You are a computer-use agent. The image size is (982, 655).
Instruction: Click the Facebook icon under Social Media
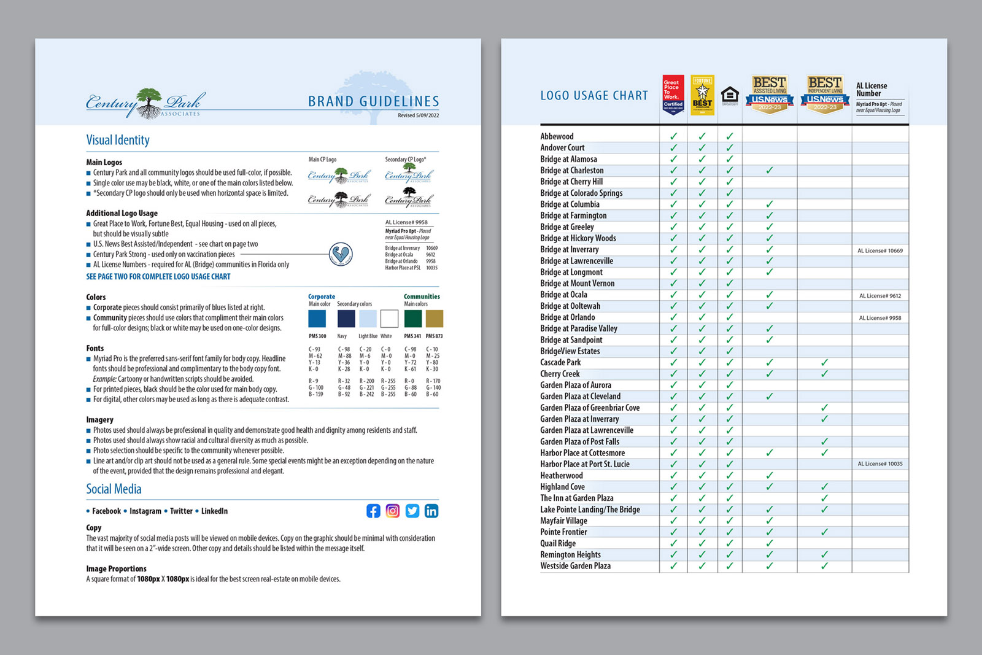(x=373, y=511)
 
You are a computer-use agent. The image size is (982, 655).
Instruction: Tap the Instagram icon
(x=393, y=511)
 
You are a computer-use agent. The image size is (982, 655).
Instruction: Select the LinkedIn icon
(x=431, y=511)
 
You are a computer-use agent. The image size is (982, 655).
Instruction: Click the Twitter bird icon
(x=412, y=511)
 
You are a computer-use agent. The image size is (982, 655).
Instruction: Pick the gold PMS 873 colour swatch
(x=435, y=319)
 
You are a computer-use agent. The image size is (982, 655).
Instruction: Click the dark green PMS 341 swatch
(x=413, y=319)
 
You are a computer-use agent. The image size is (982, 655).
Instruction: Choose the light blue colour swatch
(x=368, y=319)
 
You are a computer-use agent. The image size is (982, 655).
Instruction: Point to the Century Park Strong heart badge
(x=341, y=254)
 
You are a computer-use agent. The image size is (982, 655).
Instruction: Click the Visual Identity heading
(x=118, y=140)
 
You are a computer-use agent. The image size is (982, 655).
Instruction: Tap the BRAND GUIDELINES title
(x=373, y=101)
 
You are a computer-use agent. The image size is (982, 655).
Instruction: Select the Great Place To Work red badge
(x=673, y=95)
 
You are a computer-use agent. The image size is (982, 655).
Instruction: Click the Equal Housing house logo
(x=730, y=95)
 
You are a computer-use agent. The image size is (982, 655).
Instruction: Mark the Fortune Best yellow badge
(x=702, y=95)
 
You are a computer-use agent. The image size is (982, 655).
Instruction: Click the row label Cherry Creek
(x=560, y=374)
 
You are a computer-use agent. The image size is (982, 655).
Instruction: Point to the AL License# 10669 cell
(x=880, y=250)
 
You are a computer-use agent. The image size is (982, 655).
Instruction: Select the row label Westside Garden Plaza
(x=575, y=566)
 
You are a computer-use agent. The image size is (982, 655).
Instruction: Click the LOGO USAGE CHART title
(x=593, y=96)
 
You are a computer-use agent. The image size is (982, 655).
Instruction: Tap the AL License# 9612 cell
(x=880, y=296)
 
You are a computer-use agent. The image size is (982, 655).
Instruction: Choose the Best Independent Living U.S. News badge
(x=824, y=94)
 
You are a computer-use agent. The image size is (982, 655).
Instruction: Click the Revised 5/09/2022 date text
(x=418, y=115)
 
